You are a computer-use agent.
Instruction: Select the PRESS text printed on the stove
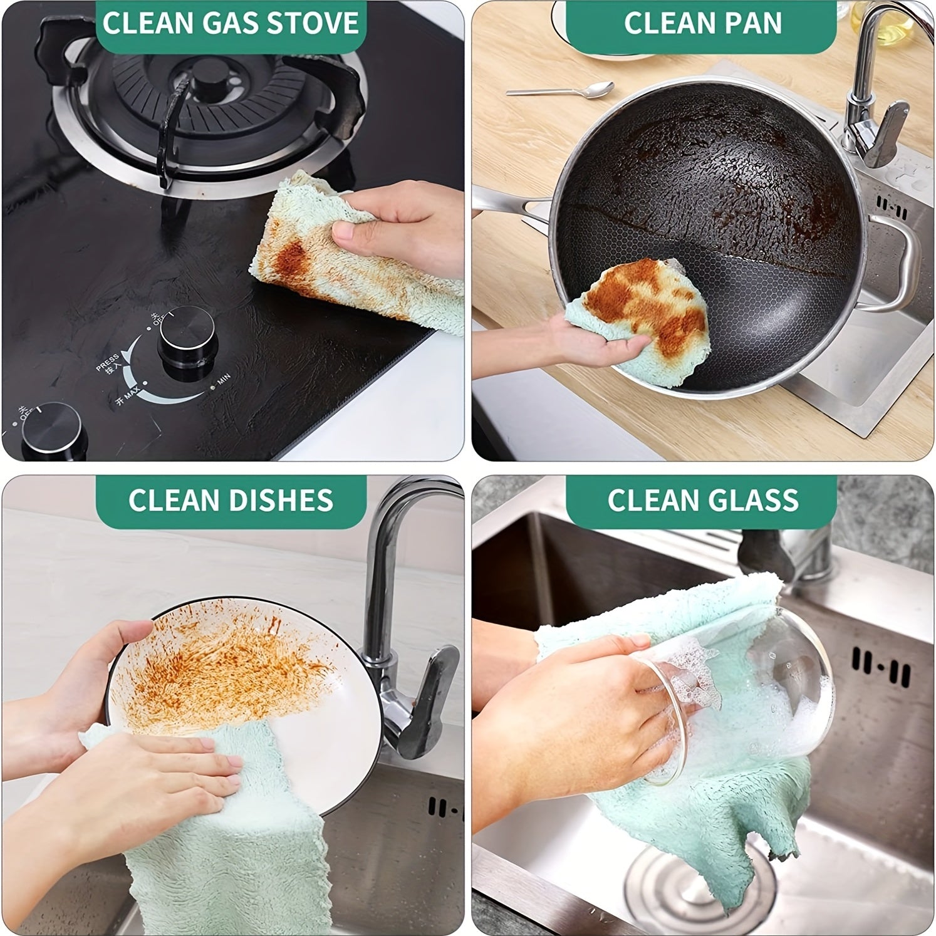tap(107, 362)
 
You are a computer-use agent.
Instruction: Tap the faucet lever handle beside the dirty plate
tap(432, 695)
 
